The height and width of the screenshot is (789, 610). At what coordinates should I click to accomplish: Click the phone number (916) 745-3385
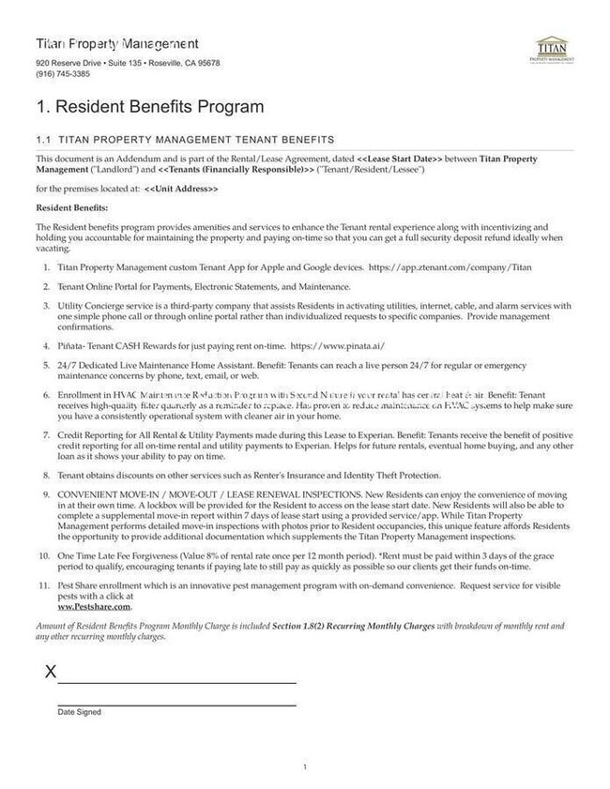(63, 74)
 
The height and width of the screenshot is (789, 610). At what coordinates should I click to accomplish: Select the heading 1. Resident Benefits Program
(149, 107)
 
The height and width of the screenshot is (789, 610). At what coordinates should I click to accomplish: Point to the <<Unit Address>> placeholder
(181, 189)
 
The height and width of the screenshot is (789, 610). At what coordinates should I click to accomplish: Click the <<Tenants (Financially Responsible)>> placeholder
(236, 169)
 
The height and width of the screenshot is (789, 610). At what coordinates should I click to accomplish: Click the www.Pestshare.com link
(95, 606)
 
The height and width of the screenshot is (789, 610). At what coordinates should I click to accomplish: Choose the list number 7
(45, 436)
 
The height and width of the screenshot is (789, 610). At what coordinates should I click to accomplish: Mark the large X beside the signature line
(51, 672)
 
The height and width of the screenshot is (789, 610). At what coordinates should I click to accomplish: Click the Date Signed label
(79, 712)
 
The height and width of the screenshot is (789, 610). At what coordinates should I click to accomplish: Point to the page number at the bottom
(305, 767)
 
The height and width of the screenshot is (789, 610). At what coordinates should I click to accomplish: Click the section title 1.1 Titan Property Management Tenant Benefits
(183, 139)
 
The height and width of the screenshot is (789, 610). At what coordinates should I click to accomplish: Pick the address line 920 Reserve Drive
(128, 63)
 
